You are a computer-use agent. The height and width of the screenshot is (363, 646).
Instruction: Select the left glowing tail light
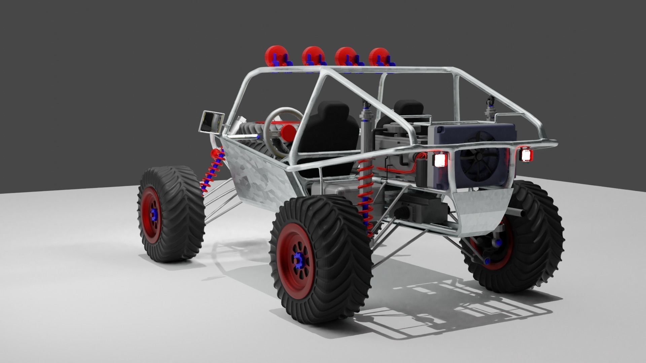440,159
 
